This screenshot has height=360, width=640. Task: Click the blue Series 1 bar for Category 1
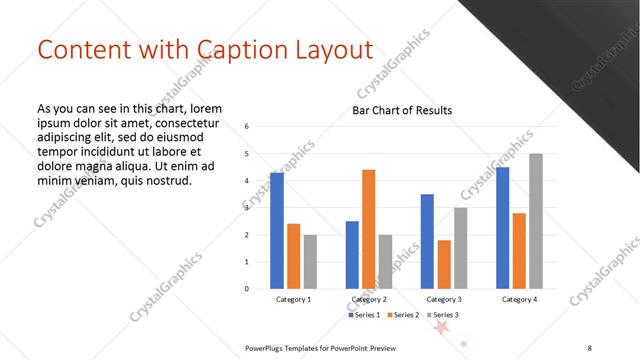[276, 231]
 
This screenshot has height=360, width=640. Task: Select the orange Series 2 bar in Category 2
[368, 229]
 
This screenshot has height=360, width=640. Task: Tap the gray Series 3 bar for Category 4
[536, 221]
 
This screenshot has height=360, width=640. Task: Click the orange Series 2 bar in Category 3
[444, 264]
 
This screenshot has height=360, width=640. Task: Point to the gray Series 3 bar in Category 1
[310, 261]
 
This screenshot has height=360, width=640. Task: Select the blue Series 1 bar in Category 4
[502, 228]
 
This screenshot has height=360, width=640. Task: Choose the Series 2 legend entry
[403, 315]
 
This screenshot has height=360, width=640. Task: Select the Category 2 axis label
[369, 299]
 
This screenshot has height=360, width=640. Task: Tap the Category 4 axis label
[519, 299]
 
